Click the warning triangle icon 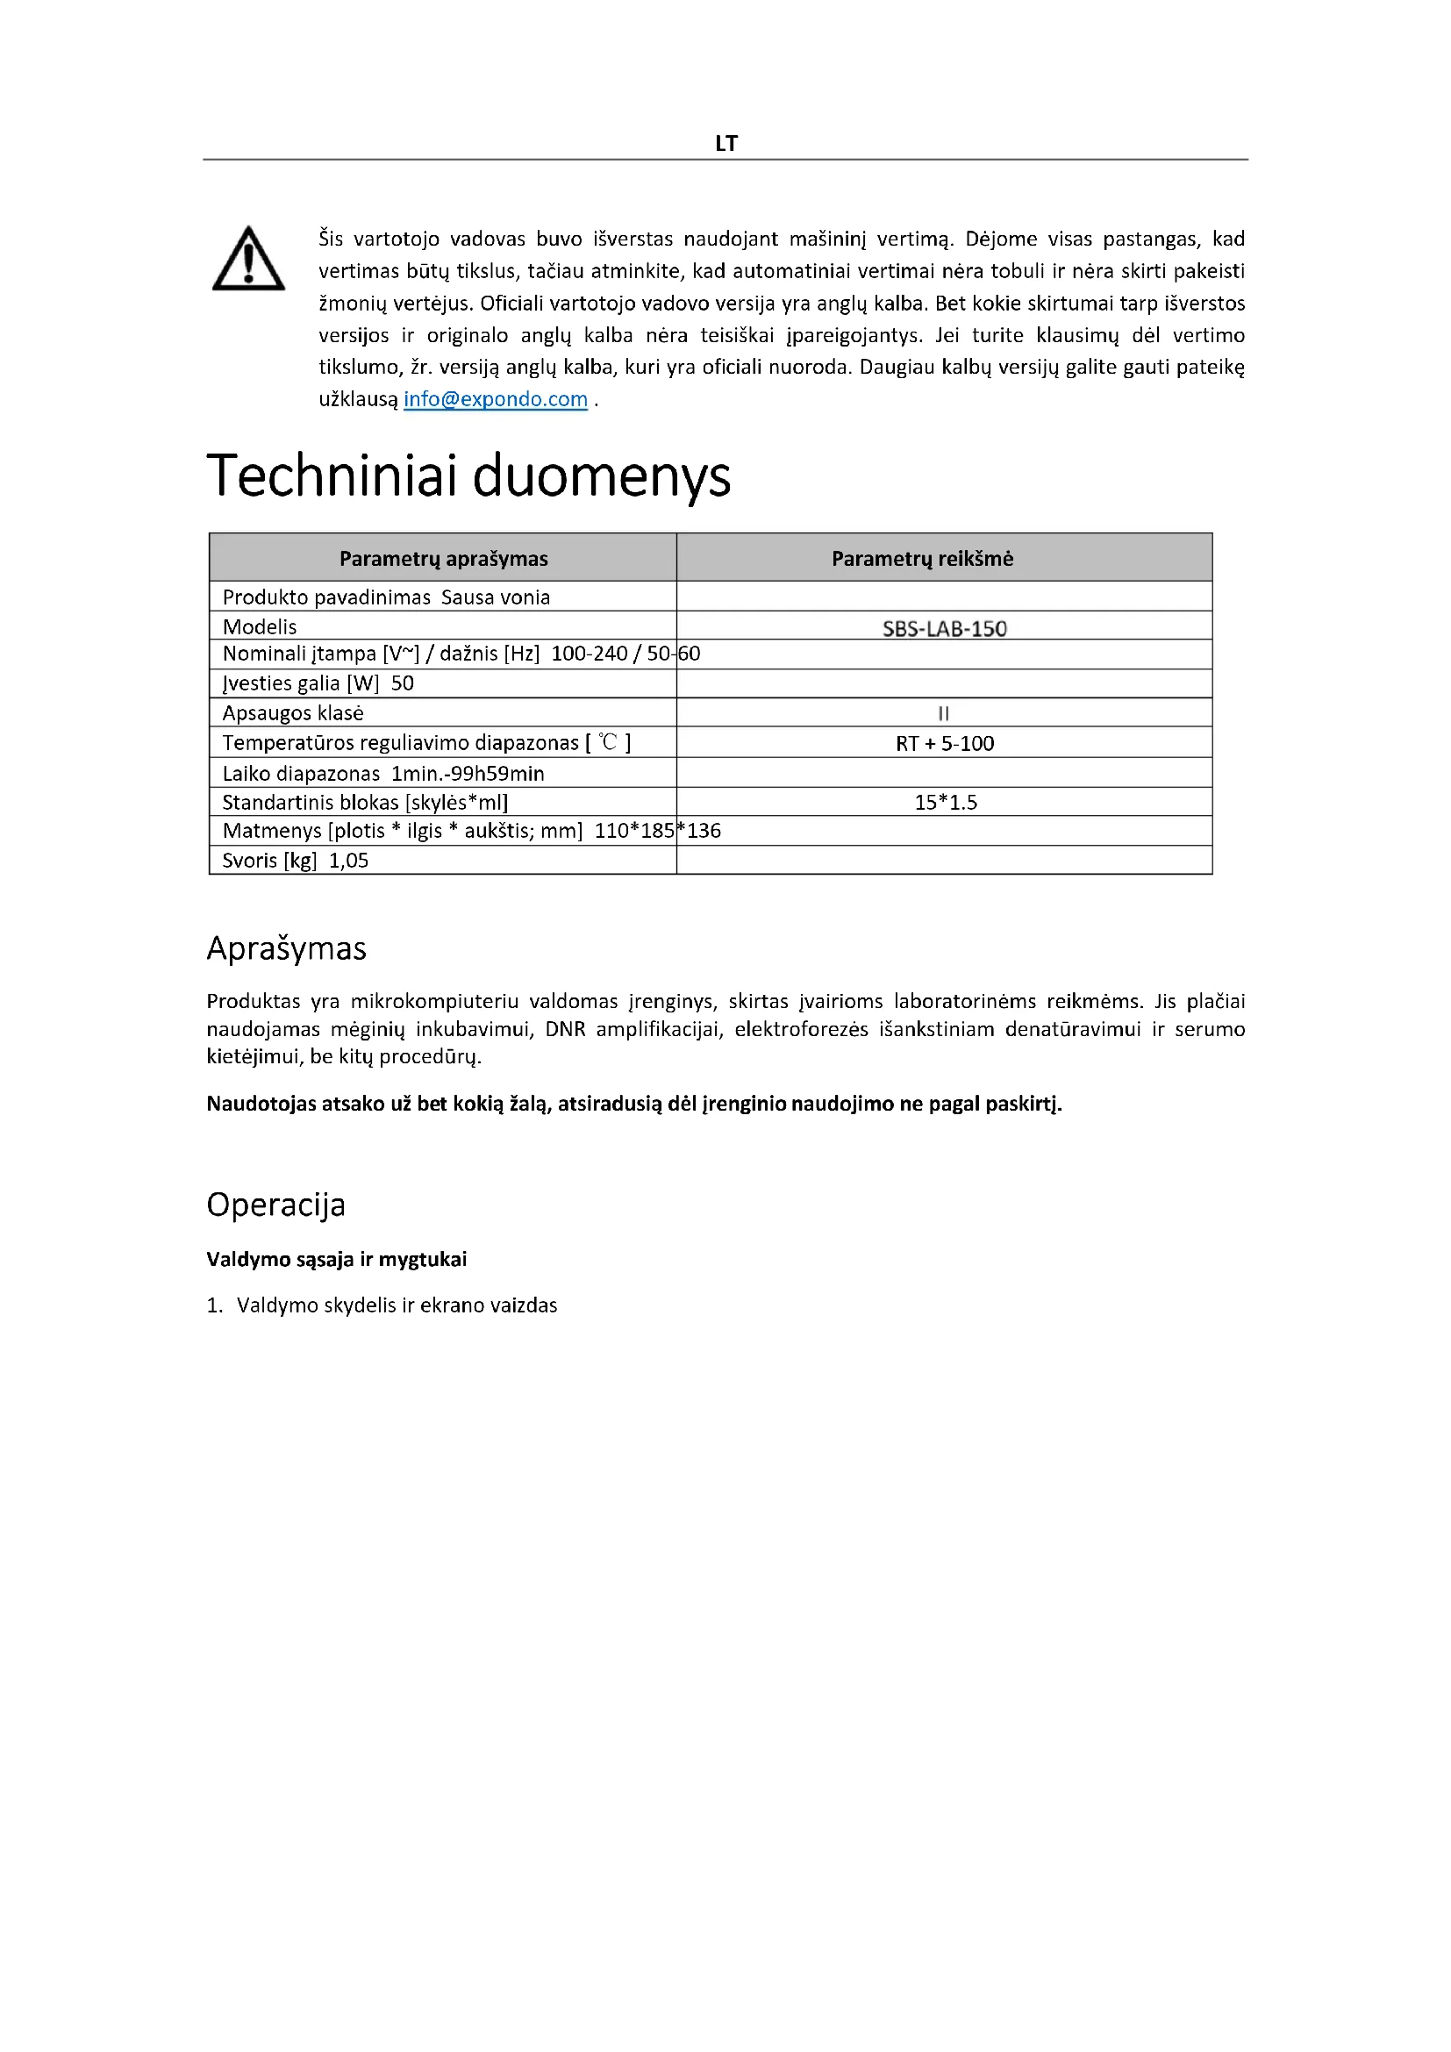[248, 259]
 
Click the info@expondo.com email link [495, 399]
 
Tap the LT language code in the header [725, 143]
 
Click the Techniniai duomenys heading [468, 475]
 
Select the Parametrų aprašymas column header [443, 559]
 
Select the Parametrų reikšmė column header [922, 559]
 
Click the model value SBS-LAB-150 [945, 628]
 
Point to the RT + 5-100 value [945, 744]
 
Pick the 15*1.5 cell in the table [946, 803]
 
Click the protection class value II [944, 713]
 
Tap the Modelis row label [259, 626]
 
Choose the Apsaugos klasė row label [292, 713]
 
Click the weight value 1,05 [348, 861]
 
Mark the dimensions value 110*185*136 [657, 831]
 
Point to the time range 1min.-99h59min [468, 774]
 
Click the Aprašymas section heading [286, 948]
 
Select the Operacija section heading [275, 1205]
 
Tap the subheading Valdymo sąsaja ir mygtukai [336, 1259]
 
